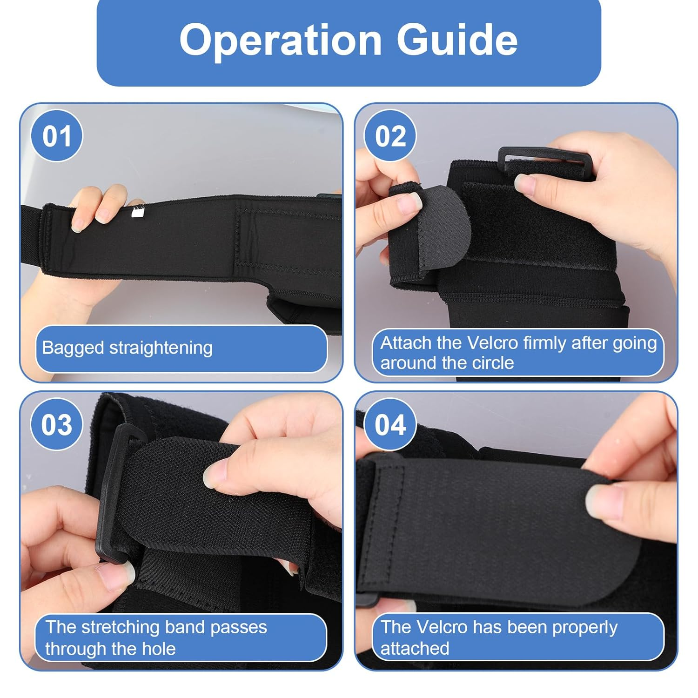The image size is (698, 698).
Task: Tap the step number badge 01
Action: (57, 136)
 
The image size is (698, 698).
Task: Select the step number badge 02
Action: (390, 136)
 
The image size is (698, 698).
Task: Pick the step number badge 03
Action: (57, 425)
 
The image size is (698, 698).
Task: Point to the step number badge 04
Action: (390, 425)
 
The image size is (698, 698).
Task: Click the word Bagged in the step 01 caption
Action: (73, 348)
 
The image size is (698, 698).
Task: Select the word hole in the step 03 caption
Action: (159, 649)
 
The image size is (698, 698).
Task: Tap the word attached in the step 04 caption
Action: (415, 649)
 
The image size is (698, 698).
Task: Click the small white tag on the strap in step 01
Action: (138, 213)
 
